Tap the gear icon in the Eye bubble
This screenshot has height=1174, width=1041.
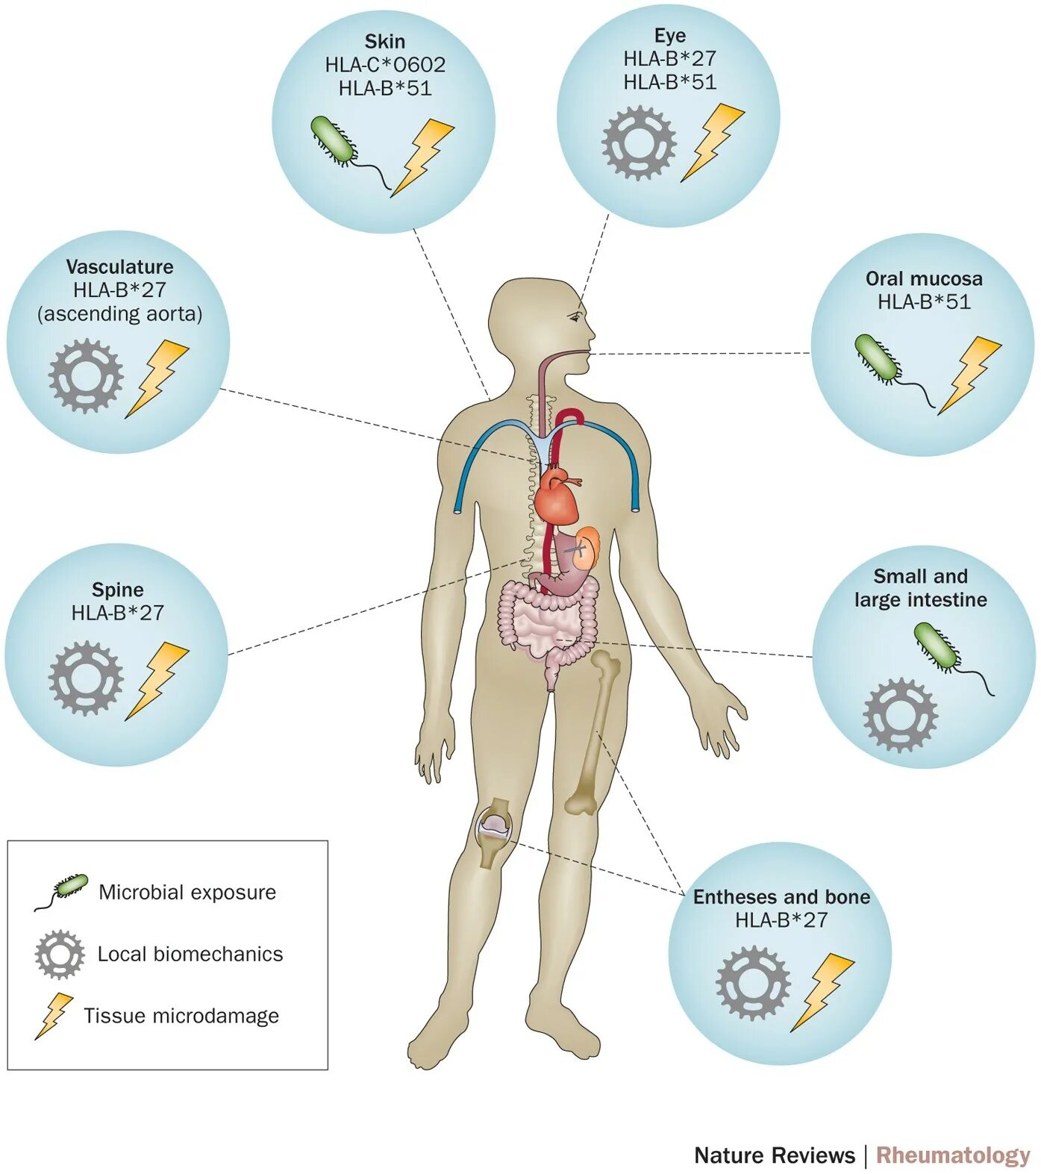point(639,143)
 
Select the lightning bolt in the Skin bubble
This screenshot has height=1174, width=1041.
point(423,156)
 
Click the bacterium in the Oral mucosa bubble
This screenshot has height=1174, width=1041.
point(879,358)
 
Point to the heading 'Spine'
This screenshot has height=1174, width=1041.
point(117,590)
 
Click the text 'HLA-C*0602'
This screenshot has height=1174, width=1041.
point(385,65)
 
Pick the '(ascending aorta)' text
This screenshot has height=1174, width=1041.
point(119,313)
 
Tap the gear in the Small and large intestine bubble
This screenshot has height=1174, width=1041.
point(900,714)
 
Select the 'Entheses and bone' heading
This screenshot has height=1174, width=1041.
point(781,896)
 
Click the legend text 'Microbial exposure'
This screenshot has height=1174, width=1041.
point(187,892)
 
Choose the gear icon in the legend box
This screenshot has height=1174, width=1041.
point(59,954)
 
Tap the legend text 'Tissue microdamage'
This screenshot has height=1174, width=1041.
point(181,1016)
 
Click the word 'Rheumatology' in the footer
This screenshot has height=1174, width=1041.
point(952,1155)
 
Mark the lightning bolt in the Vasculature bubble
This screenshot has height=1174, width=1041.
point(156,377)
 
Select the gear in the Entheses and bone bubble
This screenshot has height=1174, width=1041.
point(752,982)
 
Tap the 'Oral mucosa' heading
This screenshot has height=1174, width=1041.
point(923,278)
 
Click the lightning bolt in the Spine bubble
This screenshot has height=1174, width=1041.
point(156,679)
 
